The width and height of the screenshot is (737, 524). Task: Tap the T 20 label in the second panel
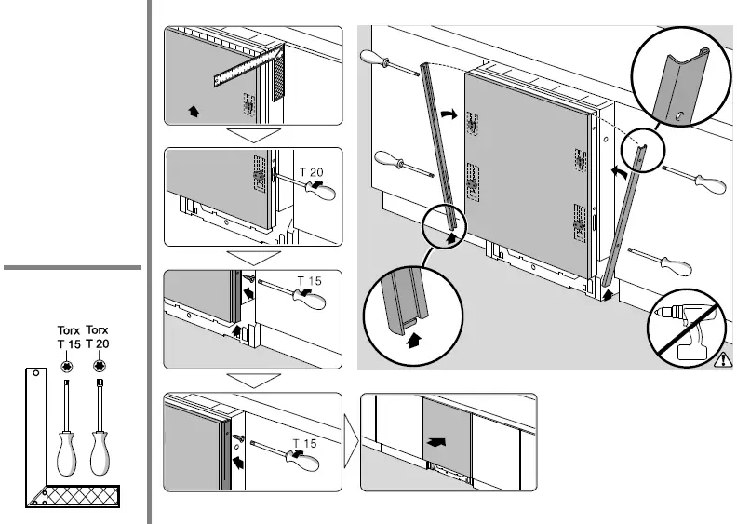click(x=311, y=168)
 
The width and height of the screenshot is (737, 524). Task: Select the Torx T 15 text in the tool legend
click(x=69, y=338)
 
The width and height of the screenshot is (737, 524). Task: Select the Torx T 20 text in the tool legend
click(x=98, y=338)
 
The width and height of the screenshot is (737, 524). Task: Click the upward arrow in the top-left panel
click(x=193, y=112)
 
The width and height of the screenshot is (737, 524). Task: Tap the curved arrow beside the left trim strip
click(x=450, y=114)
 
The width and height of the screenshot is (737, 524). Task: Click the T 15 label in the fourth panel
click(x=305, y=443)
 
